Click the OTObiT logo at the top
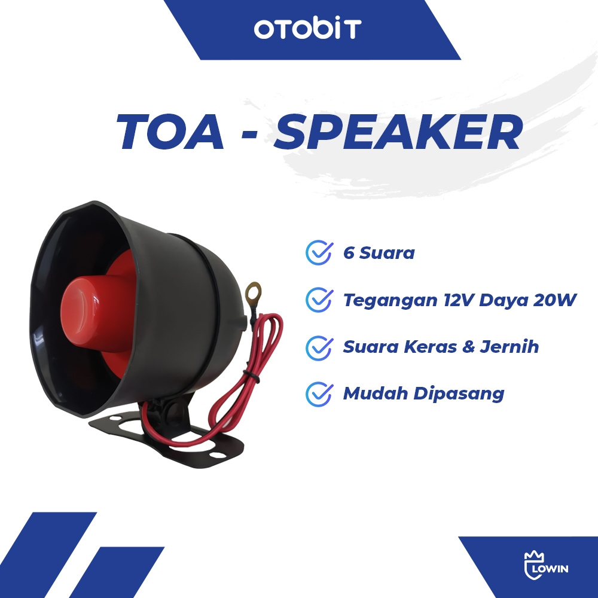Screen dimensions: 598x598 [x=307, y=29]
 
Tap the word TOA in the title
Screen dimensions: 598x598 [x=170, y=132]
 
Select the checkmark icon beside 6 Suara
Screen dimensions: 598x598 [x=319, y=252]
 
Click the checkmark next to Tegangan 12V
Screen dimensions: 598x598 [x=319, y=300]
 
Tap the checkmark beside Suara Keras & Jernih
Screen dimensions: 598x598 [x=319, y=347]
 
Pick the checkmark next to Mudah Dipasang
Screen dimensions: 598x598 [x=319, y=394]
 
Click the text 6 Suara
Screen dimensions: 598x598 [x=379, y=253]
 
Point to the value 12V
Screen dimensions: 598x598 [x=459, y=300]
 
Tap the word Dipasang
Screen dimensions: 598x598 [x=459, y=394]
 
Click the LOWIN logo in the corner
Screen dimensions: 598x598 [x=546, y=565]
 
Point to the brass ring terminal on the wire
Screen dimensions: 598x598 [x=254, y=292]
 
